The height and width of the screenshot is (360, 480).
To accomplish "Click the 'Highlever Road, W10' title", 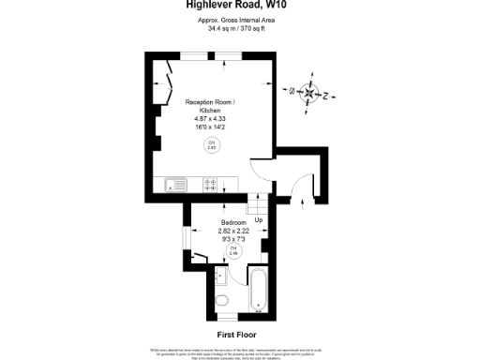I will pos(236,5).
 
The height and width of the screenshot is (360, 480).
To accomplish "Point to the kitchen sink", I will pos(176,184).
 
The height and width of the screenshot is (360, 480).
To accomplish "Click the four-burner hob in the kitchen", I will pos(212,184).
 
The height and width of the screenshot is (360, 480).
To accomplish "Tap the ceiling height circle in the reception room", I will pos(211,144).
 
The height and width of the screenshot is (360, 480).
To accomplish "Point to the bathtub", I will pos(258,289).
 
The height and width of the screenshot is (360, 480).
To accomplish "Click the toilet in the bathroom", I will pos(221,301).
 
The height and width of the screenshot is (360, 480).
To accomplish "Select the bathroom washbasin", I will pos(221,277).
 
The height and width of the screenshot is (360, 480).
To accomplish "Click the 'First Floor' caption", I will pos(236,334).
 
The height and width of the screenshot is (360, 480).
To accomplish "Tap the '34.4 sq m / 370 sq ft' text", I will pos(235,29).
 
